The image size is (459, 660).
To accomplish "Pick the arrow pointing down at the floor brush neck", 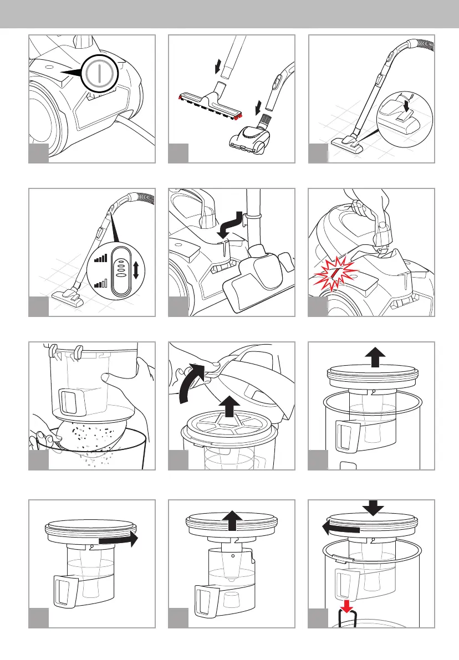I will [x=218, y=68].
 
